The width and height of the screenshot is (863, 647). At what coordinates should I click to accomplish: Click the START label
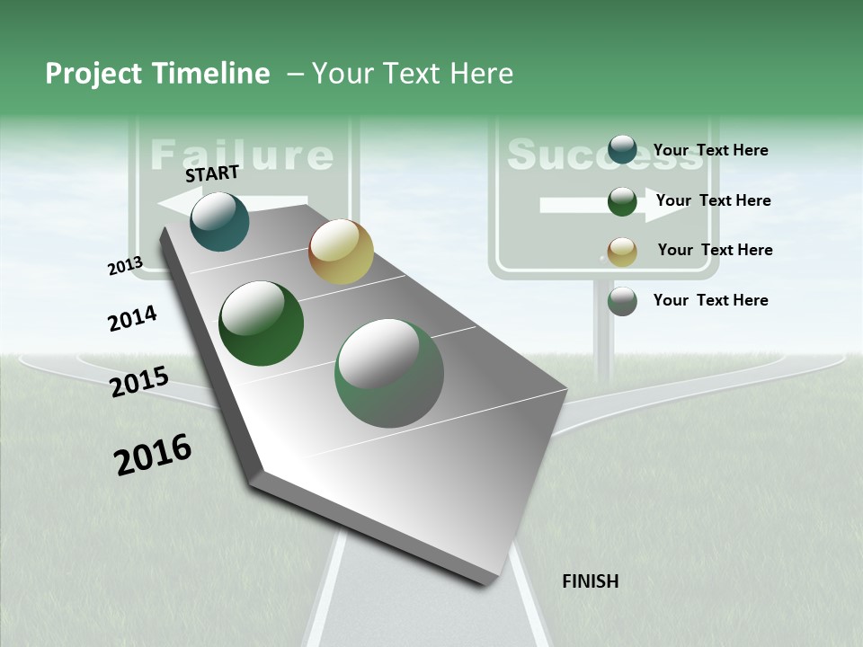[212, 173]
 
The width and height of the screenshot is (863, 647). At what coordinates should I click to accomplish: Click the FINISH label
[590, 581]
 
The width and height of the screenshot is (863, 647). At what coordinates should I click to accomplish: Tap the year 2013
[125, 266]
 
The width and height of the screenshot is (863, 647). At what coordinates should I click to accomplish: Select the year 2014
[132, 318]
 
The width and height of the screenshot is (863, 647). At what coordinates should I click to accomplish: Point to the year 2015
[139, 382]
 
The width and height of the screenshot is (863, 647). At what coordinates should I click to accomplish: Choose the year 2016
[153, 454]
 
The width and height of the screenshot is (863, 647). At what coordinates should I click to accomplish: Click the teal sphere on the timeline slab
[219, 222]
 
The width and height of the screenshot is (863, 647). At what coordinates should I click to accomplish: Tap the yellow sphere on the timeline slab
[341, 252]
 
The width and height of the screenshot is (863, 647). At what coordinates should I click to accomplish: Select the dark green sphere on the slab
[261, 323]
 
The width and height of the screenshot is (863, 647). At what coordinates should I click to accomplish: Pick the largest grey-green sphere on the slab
[389, 373]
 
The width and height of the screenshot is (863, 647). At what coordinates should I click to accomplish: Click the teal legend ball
[622, 150]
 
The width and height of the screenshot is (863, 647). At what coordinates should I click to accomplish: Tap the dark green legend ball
[622, 201]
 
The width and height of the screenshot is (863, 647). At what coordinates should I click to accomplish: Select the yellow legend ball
[622, 252]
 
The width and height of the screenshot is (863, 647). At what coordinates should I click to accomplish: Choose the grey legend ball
[622, 301]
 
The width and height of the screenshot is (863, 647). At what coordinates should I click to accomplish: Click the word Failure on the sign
[241, 155]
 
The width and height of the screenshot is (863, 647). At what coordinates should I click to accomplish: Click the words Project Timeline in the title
[157, 74]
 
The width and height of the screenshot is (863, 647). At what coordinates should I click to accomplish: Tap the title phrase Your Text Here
[413, 74]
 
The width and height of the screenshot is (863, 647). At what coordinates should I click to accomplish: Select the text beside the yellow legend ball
[715, 250]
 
